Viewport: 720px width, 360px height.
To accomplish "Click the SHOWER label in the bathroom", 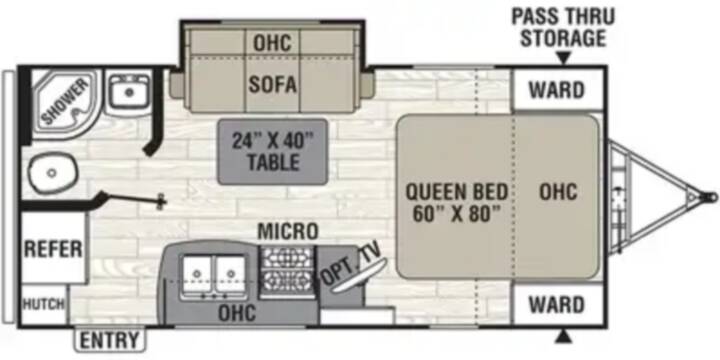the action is coord(65,101).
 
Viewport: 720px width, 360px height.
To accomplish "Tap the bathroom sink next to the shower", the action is coord(129,91).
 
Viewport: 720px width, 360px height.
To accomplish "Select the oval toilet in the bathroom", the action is coord(52,173).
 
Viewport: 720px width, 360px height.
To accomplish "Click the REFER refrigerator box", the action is coord(54,248).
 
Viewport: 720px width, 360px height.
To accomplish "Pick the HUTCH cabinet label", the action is coord(44,304).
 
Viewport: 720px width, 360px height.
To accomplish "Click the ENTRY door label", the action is coord(109,340).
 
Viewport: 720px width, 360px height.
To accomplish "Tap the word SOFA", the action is coord(273,84).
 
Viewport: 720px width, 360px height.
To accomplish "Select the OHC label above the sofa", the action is coord(273,43).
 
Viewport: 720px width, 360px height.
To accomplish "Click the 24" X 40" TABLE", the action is coord(273,152).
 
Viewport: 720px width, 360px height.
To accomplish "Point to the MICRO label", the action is coord(288,231).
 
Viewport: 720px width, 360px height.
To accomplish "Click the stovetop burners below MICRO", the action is coord(287,272).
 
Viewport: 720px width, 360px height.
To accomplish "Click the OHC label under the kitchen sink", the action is coord(237,313).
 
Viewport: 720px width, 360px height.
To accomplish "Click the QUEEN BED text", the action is coord(456,191).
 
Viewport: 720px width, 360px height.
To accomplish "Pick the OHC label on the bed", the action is coord(558,191).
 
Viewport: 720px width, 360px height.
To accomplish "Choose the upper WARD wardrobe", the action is coord(557,90).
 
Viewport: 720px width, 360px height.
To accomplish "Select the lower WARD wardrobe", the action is coord(557,304).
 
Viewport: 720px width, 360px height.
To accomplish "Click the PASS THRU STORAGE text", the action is coord(563,28).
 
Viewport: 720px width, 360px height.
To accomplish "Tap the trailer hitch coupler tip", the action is coord(712,197).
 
